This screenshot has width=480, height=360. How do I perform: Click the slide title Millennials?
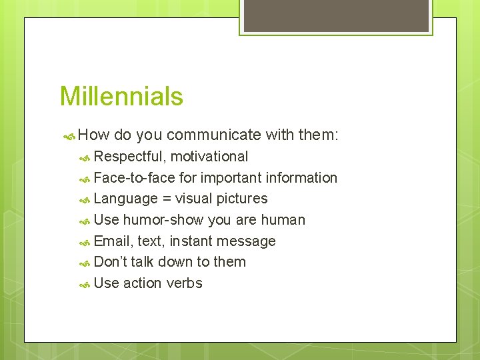121,97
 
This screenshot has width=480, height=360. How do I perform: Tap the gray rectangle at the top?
336,15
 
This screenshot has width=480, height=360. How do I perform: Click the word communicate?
213,135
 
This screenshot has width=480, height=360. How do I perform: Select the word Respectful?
129,157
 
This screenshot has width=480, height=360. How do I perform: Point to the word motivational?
209,157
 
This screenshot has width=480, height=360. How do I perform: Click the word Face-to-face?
135,178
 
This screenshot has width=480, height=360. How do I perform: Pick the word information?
301,178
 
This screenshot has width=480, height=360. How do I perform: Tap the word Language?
126,199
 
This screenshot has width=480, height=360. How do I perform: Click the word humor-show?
163,220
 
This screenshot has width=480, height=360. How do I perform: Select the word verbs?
185,283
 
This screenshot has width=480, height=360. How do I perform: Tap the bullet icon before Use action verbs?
85,284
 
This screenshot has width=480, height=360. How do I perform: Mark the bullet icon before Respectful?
85,157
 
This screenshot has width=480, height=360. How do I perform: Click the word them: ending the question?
319,135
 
